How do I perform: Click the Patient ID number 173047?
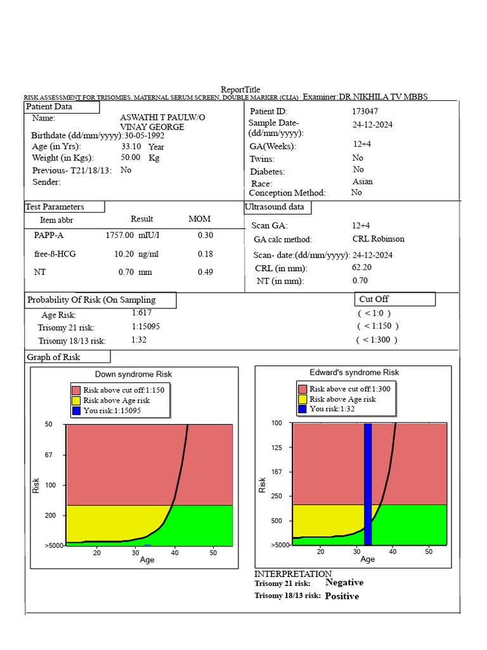click(365, 111)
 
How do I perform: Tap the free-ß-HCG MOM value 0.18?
click(205, 254)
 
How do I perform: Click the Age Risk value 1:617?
click(142, 313)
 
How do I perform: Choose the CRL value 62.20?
click(361, 267)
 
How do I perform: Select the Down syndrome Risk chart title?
click(133, 374)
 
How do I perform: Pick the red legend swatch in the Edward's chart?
click(302, 389)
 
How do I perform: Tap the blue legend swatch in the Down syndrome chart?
click(76, 411)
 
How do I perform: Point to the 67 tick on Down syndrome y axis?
click(49, 455)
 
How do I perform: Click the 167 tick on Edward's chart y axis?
click(277, 472)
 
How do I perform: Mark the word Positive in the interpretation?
click(342, 596)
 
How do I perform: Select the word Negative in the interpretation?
click(344, 582)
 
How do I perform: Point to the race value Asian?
click(363, 182)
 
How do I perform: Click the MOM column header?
click(200, 219)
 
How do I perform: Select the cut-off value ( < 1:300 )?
click(377, 340)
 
